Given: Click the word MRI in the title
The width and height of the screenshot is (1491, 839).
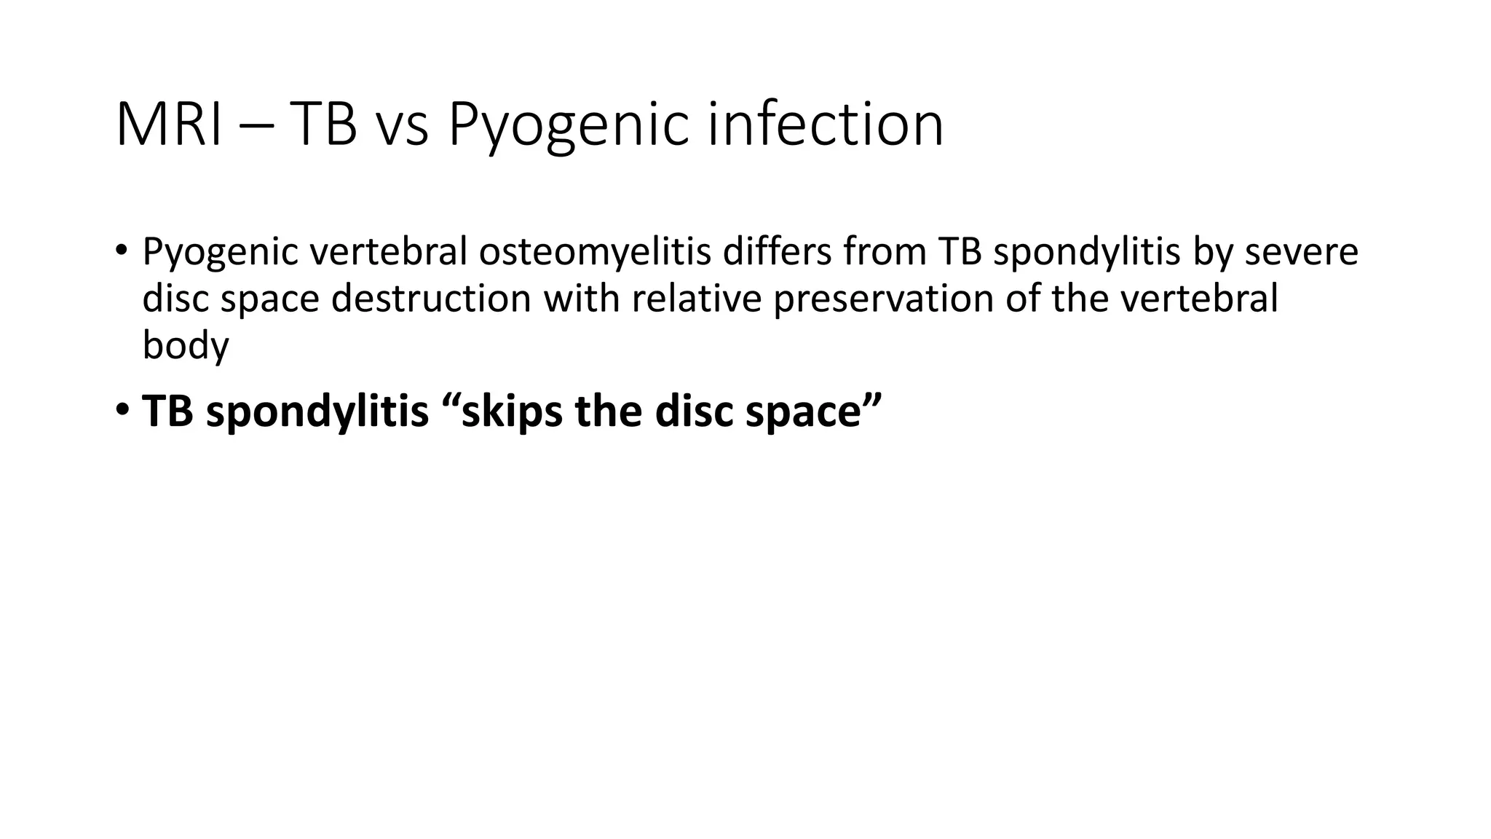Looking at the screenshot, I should click(169, 125).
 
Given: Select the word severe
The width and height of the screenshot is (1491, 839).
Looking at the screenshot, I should click(1301, 252).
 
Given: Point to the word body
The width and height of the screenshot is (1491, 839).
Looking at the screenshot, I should click(186, 345).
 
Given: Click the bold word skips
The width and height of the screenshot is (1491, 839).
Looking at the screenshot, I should click(512, 412).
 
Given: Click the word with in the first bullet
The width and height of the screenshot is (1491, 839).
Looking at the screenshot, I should click(581, 299).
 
